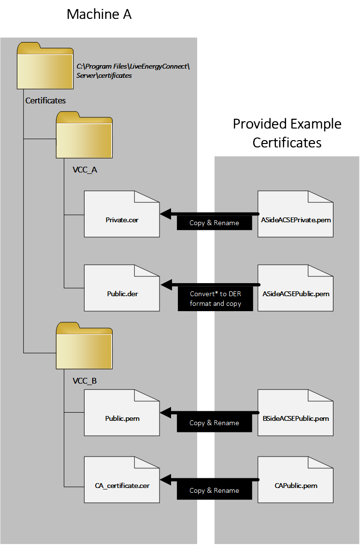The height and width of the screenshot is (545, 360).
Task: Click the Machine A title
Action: pos(99,15)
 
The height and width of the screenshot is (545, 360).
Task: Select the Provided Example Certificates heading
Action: pos(287,133)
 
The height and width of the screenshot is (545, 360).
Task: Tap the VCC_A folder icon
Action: pos(84,136)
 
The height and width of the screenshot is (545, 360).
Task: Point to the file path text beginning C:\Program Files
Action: pos(133,71)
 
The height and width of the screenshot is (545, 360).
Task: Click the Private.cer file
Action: pos(122,214)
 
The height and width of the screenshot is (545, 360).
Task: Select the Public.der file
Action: pos(122,288)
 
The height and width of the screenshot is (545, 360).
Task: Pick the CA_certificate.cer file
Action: pos(122,480)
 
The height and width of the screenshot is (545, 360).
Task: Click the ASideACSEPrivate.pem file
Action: pos(295,214)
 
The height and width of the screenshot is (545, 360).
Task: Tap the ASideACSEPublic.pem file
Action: pos(295,288)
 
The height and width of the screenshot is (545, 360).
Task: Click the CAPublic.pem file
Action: pos(295,480)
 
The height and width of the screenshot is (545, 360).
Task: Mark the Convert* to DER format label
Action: pos(215,299)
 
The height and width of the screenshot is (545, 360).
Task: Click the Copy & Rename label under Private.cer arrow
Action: pos(214,223)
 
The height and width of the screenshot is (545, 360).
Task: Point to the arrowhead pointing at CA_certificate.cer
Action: pos(166,480)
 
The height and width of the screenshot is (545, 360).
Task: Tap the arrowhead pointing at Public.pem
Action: pos(166,413)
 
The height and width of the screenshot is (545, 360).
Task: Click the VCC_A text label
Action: pos(85,170)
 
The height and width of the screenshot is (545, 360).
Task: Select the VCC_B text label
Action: pos(85,381)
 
